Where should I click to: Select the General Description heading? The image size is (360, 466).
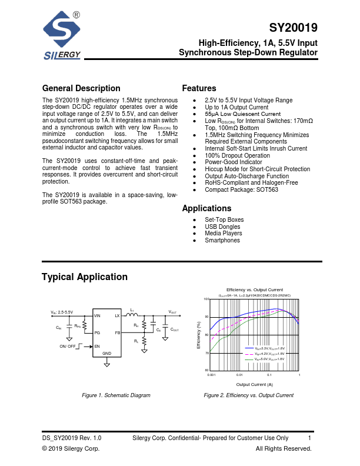coord(81,88)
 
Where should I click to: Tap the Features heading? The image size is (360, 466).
coord(199,88)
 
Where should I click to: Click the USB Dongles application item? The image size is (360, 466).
coord(223,227)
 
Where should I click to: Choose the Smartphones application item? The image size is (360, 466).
coord(222,240)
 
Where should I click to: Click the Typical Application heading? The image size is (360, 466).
coord(85,277)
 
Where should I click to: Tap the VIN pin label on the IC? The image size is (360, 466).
coord(98,316)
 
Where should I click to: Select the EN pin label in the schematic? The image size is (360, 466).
coord(96,347)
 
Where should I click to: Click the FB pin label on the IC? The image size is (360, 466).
coord(118,333)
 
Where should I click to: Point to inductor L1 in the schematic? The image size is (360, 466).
coord(133,314)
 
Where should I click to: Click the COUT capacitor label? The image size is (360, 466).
coord(175,329)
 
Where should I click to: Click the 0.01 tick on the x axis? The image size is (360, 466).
coord(239,374)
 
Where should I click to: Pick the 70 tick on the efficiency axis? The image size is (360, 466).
coord(206,352)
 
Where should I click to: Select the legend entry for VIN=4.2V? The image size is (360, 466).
coord(265,354)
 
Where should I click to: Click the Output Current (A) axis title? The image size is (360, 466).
coord(254,384)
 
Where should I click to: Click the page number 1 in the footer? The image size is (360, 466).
coord(309,438)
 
